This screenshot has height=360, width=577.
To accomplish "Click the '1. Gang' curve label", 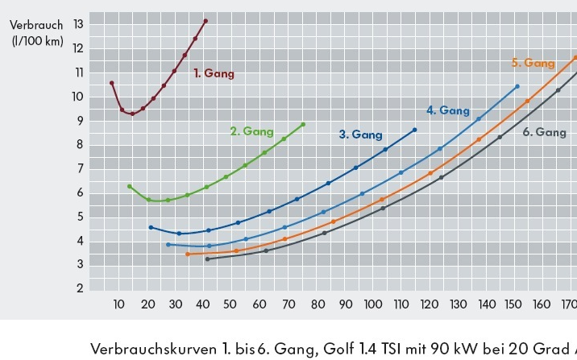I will pyautogui.click(x=214, y=73).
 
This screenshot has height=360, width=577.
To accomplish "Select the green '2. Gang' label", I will pyautogui.click(x=251, y=131).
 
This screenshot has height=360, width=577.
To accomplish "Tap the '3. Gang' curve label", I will pyautogui.click(x=360, y=134).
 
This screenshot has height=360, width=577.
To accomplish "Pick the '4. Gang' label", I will pyautogui.click(x=447, y=110).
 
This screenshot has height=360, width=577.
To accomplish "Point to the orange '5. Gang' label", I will pyautogui.click(x=533, y=63).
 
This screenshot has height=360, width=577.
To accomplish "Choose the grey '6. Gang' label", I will pyautogui.click(x=544, y=132).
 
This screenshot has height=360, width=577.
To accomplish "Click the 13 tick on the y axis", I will pyautogui.click(x=78, y=24).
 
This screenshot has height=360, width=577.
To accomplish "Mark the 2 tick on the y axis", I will pyautogui.click(x=80, y=288).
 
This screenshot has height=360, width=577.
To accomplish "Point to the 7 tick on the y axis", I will pyautogui.click(x=80, y=168).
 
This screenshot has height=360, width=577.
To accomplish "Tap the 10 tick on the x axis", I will pyautogui.click(x=119, y=304).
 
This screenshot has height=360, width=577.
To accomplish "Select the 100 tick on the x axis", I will pyautogui.click(x=373, y=304).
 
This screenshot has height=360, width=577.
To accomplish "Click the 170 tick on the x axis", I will pyautogui.click(x=568, y=304).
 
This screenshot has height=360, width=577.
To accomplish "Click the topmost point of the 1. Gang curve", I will pyautogui.click(x=205, y=21).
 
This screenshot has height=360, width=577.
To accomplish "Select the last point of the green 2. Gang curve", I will pyautogui.click(x=303, y=125).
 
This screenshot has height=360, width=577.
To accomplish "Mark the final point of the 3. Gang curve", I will pyautogui.click(x=415, y=130).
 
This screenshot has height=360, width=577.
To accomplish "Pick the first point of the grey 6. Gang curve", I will pyautogui.click(x=207, y=259).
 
